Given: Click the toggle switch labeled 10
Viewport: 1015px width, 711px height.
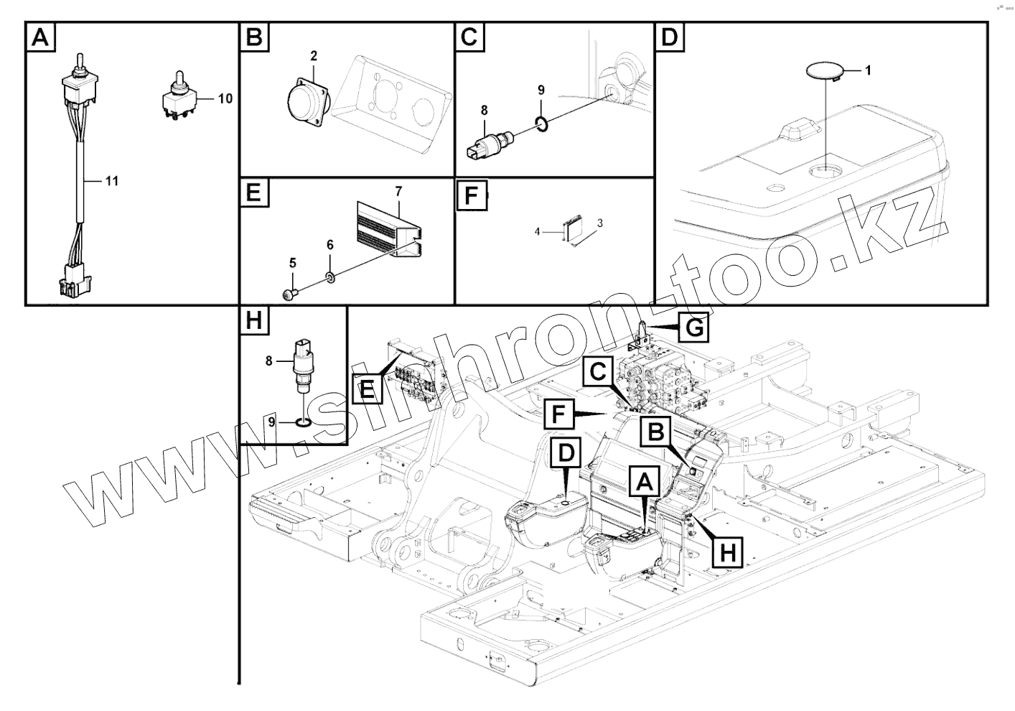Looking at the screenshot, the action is coord(178,98).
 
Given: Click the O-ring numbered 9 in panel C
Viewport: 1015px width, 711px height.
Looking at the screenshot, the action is coord(543,125).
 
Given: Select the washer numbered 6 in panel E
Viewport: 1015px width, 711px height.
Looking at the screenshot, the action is coord(329,277).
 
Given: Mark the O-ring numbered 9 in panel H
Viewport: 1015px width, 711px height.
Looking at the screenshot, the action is coord(304,422).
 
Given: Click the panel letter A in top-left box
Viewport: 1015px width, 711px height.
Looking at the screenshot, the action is coord(40,37).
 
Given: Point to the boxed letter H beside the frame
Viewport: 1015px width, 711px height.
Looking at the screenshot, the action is coord(728,552).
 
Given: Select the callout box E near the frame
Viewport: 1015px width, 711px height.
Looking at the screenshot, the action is coord(366,390).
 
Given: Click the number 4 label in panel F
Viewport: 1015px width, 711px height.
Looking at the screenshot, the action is coord(537,231).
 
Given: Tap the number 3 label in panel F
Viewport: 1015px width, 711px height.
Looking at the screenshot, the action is coord(600,223).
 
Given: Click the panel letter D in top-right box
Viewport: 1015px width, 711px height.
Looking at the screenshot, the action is coord(669,37).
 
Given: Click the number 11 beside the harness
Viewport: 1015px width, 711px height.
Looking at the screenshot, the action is coord(111,181).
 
